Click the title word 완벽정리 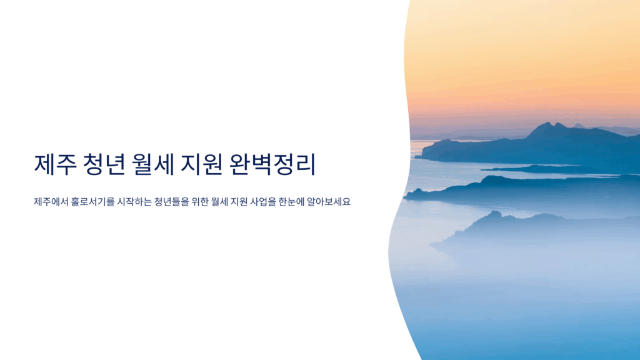(272, 164)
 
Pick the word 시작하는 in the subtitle (134, 202)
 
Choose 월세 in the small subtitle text (219, 202)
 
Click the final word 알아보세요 (329, 202)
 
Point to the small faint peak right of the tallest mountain (578, 124)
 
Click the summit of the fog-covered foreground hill (495, 213)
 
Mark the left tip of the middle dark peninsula (404, 197)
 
